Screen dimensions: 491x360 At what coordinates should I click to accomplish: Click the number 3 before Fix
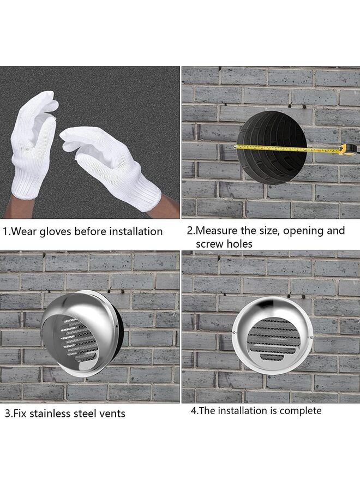pos(8,414)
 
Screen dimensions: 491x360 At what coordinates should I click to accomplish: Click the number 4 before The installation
pos(194,410)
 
